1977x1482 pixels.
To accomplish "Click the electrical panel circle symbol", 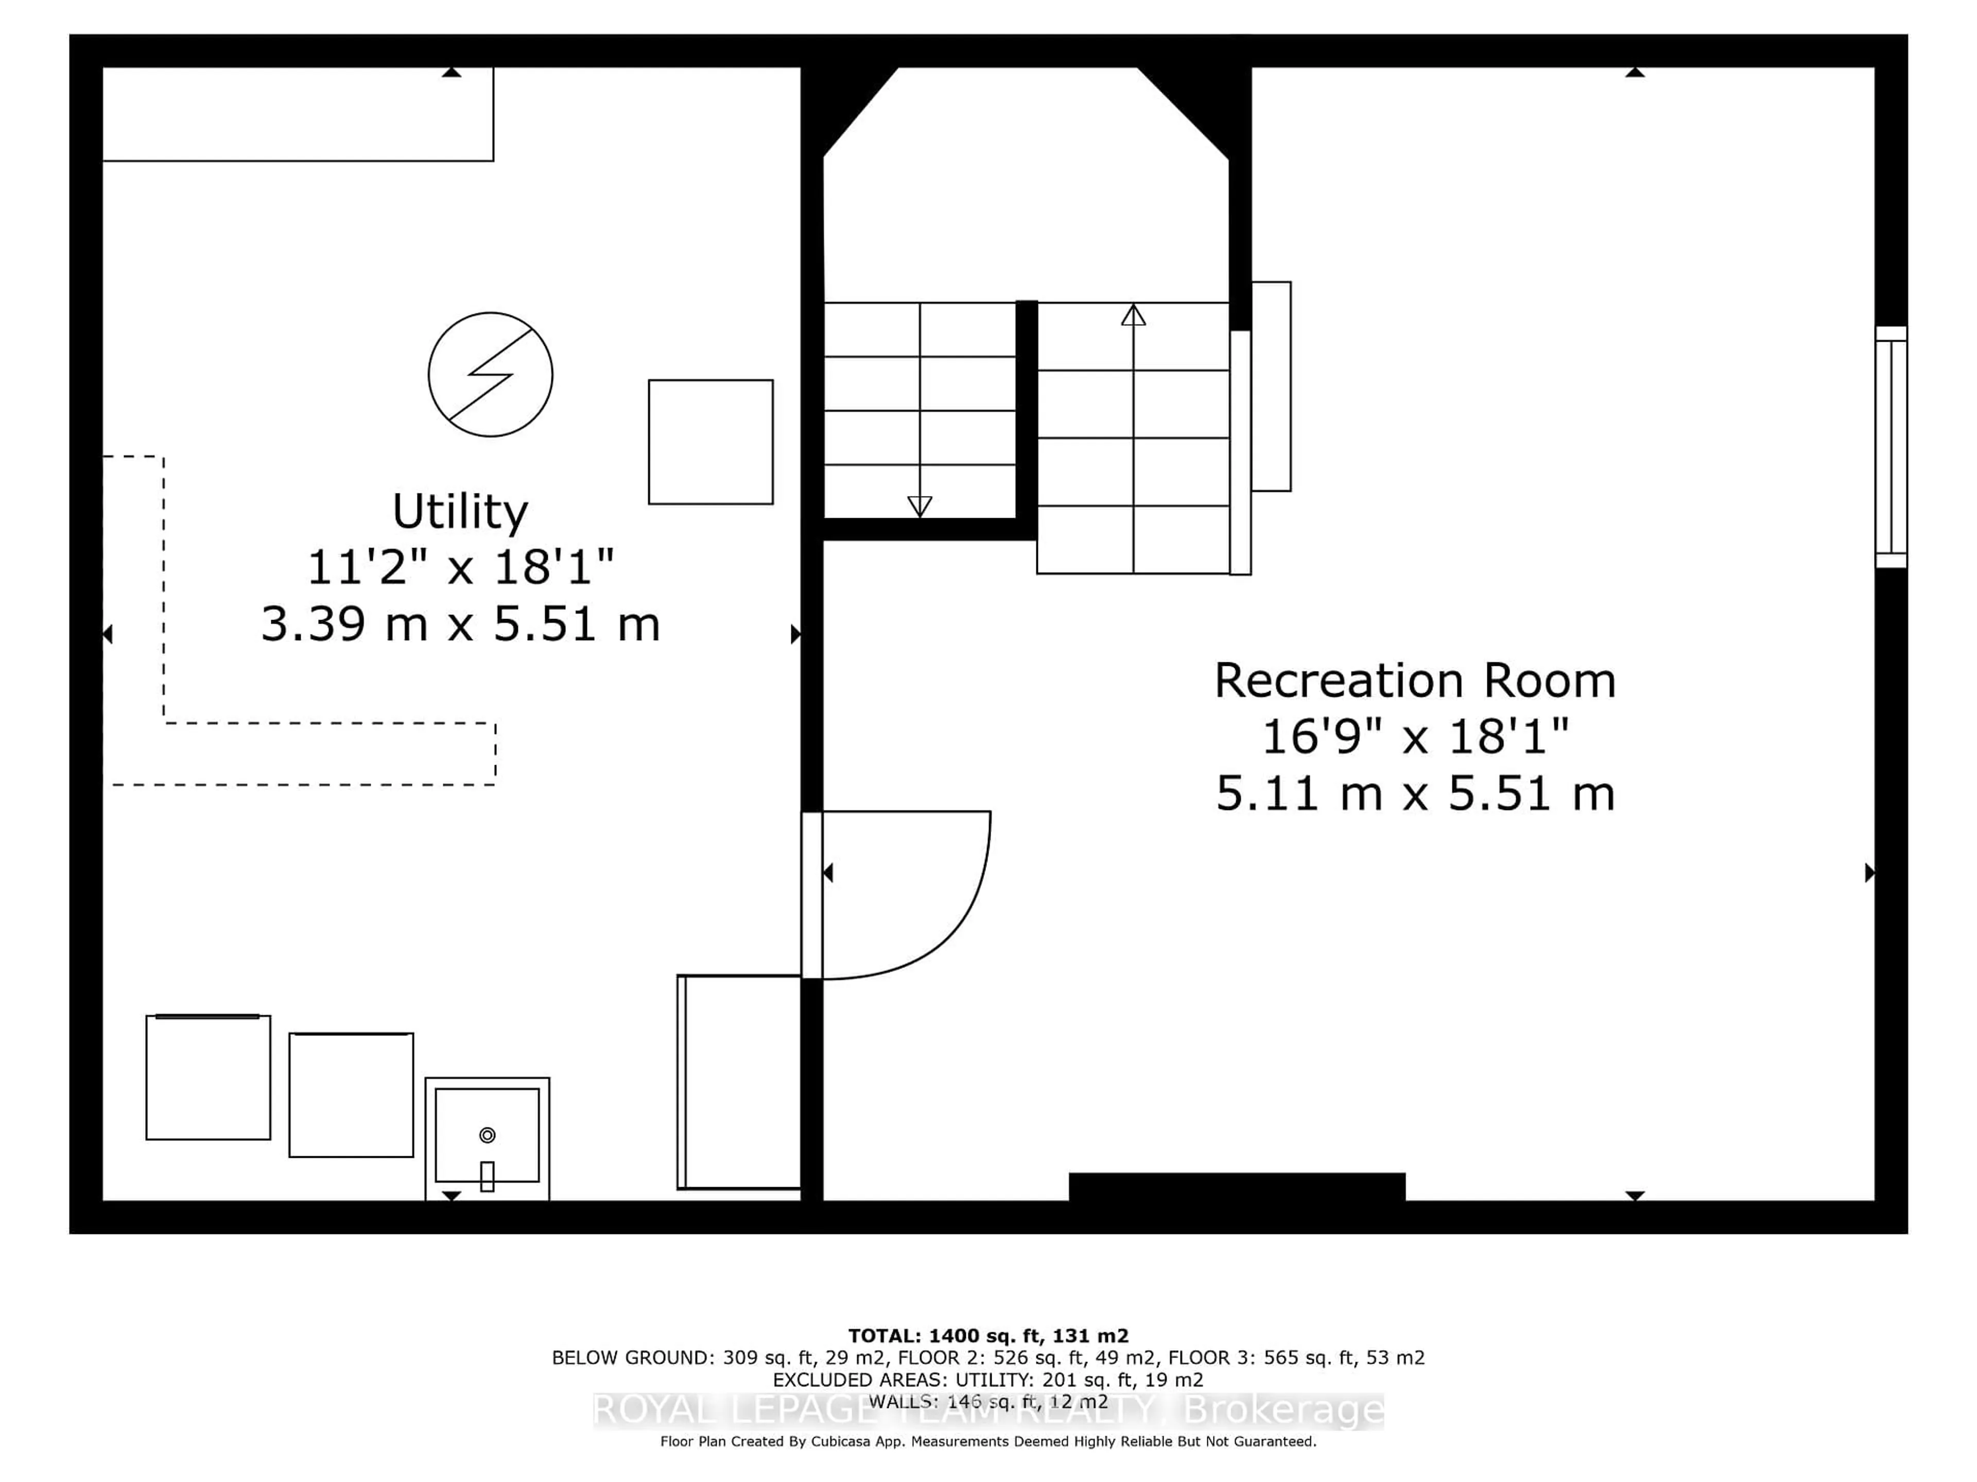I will click(x=490, y=374).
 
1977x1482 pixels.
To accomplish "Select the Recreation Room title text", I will click(x=1414, y=681).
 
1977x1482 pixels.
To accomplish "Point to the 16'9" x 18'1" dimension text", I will click(x=1414, y=737).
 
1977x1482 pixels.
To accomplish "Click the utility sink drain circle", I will click(x=487, y=1135).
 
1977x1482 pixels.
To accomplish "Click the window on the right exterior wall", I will click(x=1891, y=447).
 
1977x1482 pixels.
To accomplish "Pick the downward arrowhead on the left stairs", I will click(x=920, y=506).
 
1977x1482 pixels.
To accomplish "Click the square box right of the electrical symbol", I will click(x=710, y=442).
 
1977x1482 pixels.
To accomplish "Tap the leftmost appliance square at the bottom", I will click(x=208, y=1078).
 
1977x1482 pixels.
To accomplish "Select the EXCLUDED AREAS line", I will click(x=987, y=1380).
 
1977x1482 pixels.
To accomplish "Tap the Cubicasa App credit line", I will click(x=987, y=1441).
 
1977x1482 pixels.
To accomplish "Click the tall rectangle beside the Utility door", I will click(x=739, y=1082).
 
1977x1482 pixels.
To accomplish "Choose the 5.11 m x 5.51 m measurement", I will click(x=1414, y=793).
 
